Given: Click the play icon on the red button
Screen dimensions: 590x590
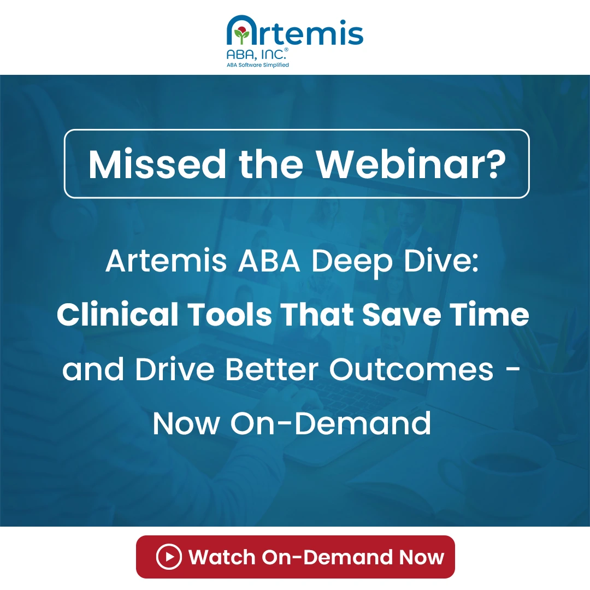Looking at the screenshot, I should point(168,557).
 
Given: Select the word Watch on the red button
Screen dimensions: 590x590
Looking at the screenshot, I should point(221,557).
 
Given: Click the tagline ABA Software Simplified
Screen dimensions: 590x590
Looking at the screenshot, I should point(258,65).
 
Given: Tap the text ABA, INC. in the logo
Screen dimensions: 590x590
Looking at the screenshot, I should point(256,55).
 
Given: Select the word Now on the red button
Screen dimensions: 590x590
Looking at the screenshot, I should point(421,557).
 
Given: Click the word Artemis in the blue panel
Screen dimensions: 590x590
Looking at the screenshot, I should point(166,262).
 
